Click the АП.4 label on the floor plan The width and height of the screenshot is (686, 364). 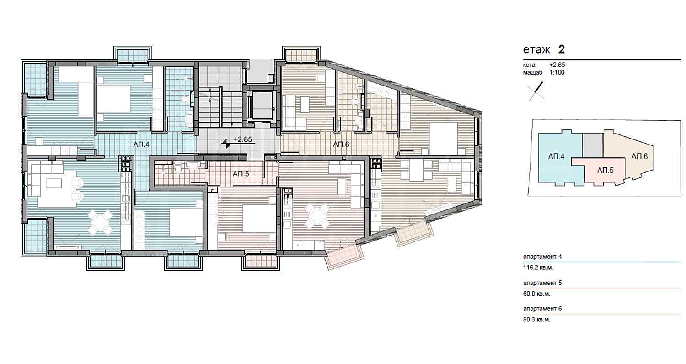pyautogui.click(x=141, y=144)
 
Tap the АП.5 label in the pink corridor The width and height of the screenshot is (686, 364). pyautogui.click(x=241, y=174)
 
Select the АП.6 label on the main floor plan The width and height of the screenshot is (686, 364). pyautogui.click(x=341, y=144)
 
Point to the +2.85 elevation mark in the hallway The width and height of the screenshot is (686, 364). pyautogui.click(x=242, y=139)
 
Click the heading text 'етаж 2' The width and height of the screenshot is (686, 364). pyautogui.click(x=544, y=49)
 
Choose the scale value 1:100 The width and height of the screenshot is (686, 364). pyautogui.click(x=557, y=72)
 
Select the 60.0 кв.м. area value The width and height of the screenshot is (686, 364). pyautogui.click(x=536, y=294)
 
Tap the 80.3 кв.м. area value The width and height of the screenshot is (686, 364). pyautogui.click(x=536, y=320)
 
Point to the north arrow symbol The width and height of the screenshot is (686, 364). pyautogui.click(x=536, y=91)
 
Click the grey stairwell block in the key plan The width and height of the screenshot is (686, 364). pyautogui.click(x=593, y=145)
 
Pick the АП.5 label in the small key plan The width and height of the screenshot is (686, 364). pyautogui.click(x=605, y=170)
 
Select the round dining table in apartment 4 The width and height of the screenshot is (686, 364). pyautogui.click(x=101, y=222)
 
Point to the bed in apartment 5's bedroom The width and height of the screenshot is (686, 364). pyautogui.click(x=259, y=219)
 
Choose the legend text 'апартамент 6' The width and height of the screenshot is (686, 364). pyautogui.click(x=542, y=309)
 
